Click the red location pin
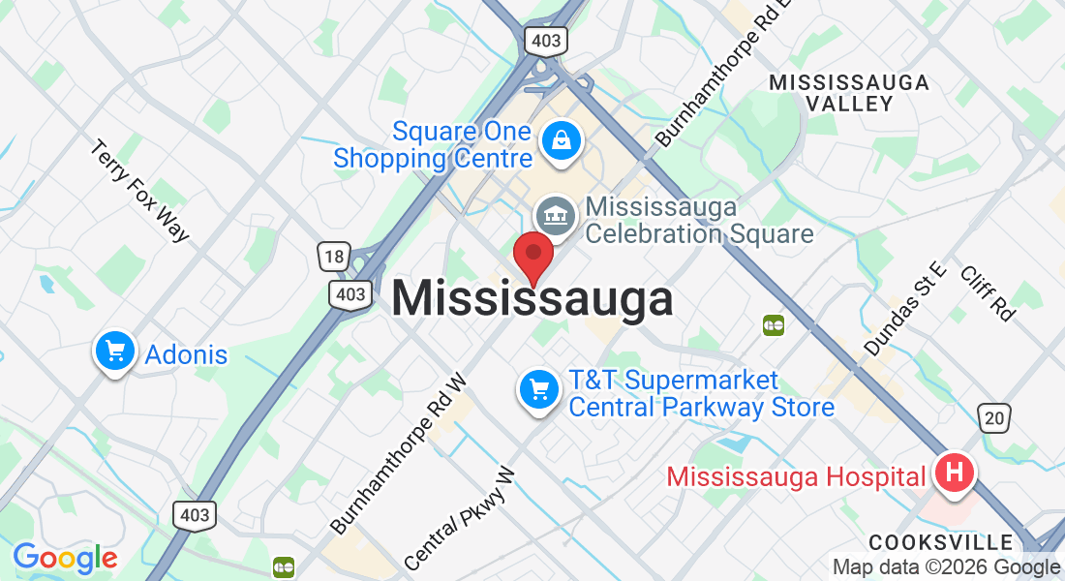[x=532, y=257]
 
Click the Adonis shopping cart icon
[x=115, y=352]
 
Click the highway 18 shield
[x=333, y=257]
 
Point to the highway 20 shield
[x=994, y=417]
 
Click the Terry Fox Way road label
[x=140, y=191]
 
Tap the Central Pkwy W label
[x=460, y=519]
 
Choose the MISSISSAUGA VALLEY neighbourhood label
[x=849, y=93]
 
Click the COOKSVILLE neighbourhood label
[x=940, y=541]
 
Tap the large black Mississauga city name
[x=532, y=298]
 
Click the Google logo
[x=65, y=558]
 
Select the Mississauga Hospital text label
[x=796, y=476]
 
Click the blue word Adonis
[x=186, y=354]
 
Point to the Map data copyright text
[x=946, y=567]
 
